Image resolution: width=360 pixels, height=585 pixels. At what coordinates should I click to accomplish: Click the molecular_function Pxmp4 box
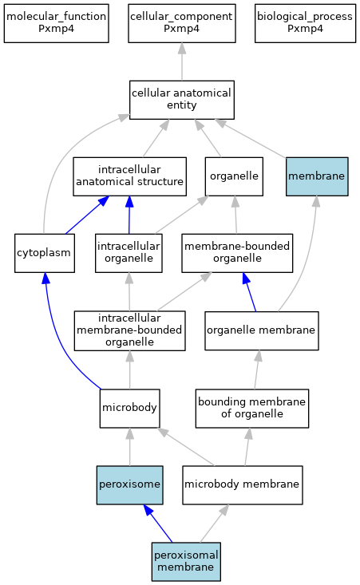[57, 23]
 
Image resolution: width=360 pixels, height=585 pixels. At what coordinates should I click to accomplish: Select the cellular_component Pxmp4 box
[182, 23]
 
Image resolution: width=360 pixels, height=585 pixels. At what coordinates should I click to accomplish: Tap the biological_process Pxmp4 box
[305, 23]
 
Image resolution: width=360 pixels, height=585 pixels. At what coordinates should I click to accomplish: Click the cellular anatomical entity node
[182, 100]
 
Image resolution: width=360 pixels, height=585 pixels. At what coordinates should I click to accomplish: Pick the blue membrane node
[317, 176]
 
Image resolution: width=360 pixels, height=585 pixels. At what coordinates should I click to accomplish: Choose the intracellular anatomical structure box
[129, 176]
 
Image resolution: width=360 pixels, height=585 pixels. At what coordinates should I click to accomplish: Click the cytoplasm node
[45, 253]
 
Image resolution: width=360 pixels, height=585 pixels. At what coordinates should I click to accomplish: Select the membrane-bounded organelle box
[237, 253]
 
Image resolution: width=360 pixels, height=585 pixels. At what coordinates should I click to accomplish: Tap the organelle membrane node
[262, 330]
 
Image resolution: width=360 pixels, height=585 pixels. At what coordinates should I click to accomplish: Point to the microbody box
[129, 409]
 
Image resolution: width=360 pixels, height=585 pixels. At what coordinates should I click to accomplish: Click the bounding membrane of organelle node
[251, 409]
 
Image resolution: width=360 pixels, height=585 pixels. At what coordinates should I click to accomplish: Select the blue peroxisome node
[129, 485]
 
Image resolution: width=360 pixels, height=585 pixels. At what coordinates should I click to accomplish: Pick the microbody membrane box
[242, 485]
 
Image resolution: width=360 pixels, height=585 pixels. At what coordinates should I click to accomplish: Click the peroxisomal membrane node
[186, 562]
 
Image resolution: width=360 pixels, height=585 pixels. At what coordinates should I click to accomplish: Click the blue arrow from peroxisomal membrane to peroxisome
[158, 524]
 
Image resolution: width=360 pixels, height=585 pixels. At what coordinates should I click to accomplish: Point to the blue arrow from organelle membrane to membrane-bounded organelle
[249, 292]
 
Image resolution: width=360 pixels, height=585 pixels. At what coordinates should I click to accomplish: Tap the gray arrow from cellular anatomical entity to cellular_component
[182, 61]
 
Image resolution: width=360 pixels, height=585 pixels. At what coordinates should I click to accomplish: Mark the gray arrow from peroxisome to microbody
[130, 447]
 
